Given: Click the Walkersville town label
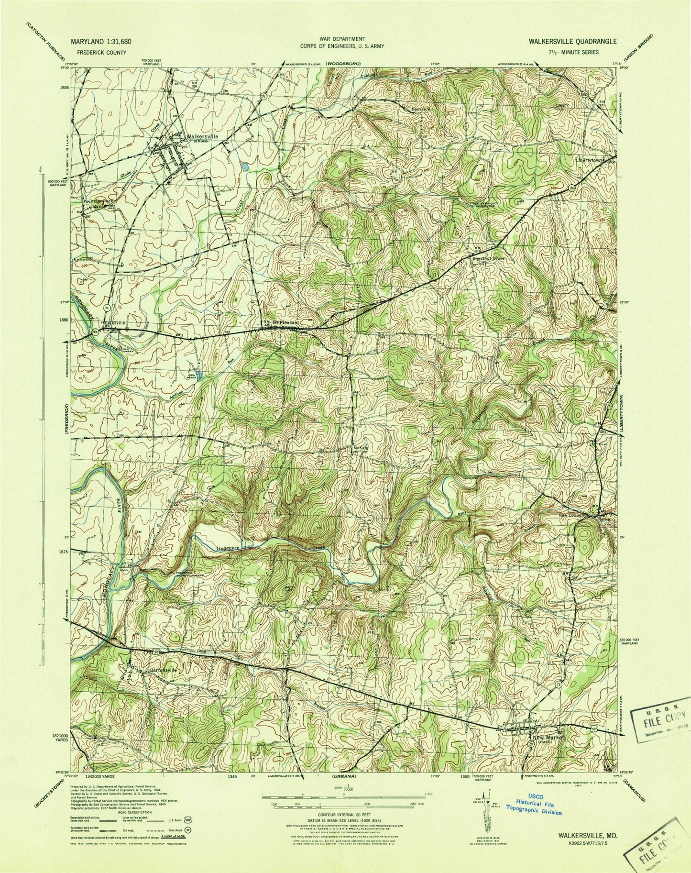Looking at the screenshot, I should tap(203, 136).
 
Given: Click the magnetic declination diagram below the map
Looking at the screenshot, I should tap(483, 814).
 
